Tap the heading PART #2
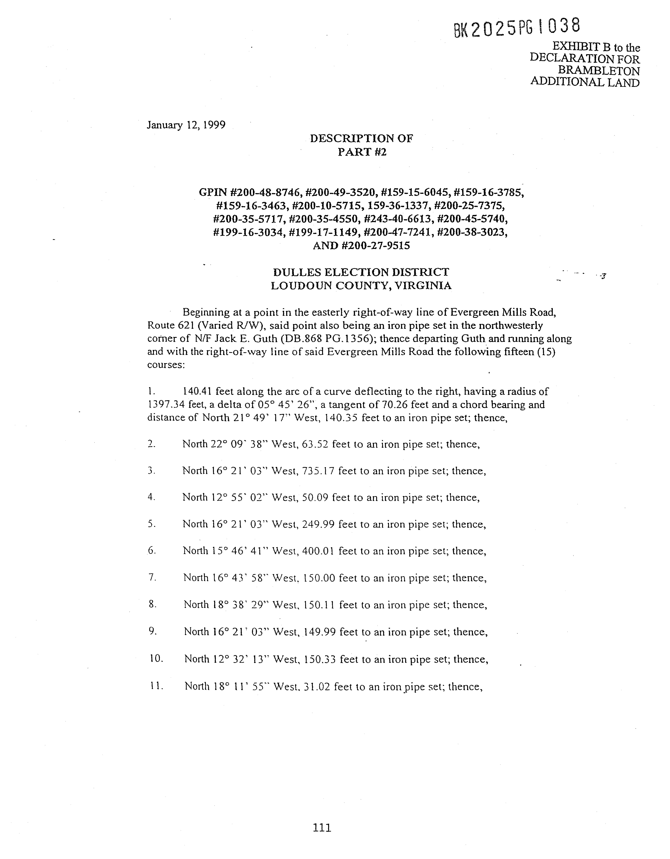(362, 152)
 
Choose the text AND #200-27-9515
(361, 245)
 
